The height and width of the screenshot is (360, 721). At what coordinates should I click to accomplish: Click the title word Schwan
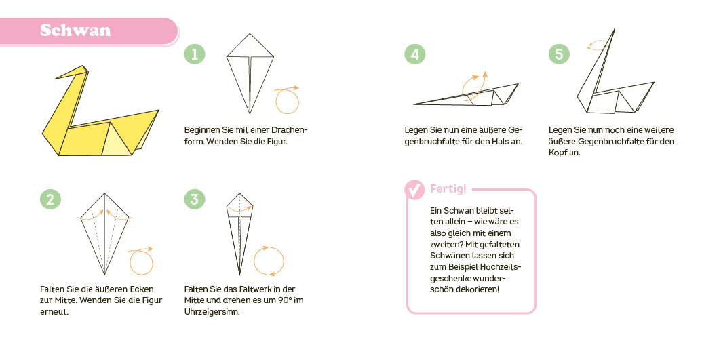pos(75,31)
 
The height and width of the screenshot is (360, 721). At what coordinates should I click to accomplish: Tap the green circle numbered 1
pos(195,55)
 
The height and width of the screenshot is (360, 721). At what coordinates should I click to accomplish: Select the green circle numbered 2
pos(50,199)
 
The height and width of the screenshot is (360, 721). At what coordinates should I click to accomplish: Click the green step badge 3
pos(195,199)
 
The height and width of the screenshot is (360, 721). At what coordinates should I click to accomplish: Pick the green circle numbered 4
pos(414,55)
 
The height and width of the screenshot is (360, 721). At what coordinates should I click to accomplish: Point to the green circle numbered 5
pos(559,55)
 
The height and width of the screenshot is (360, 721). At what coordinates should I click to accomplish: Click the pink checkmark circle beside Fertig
pos(414,190)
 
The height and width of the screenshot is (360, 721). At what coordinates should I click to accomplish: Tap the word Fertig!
pos(448,188)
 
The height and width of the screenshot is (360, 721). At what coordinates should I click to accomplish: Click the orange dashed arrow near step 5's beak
pos(598,45)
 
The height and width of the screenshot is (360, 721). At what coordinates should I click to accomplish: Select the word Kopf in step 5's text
pos(560,153)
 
